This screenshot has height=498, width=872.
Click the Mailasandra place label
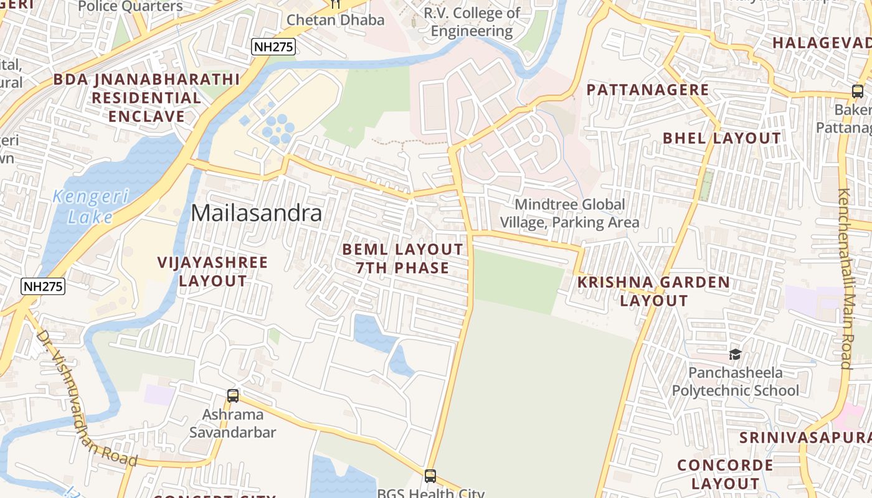coord(257,213)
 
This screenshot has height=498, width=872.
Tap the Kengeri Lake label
coord(91,207)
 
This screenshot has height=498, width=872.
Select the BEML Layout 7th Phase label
coord(403,258)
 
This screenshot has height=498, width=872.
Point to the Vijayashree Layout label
coord(213,271)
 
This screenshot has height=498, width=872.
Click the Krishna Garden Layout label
coord(653,291)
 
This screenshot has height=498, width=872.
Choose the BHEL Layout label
coord(721,138)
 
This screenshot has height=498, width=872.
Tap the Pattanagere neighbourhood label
coord(648,90)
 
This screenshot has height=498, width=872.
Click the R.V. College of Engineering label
coord(472,22)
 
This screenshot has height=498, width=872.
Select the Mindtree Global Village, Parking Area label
coord(569,213)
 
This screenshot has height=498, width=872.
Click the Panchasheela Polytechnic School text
coord(735,382)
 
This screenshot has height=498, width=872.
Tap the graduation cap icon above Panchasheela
coord(735,355)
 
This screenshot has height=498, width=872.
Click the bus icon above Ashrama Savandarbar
coord(233,395)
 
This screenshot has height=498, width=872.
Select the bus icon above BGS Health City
coord(430,476)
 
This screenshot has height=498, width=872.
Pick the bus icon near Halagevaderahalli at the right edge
coord(857,92)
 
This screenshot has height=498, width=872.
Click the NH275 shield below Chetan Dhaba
coord(273,47)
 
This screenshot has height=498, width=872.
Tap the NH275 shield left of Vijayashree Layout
coord(43,286)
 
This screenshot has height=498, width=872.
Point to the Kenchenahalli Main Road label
coord(845,279)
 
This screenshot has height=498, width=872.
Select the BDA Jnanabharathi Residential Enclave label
coord(146,98)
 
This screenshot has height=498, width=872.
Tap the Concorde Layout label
coord(725,474)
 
